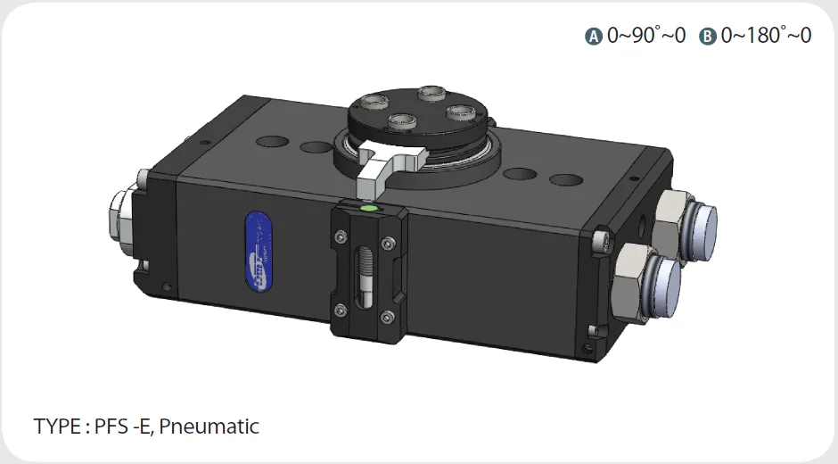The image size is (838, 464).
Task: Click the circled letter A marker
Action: click(x=595, y=37)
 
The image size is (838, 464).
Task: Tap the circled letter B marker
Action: click(x=708, y=37)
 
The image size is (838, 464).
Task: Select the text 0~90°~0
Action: click(x=646, y=36)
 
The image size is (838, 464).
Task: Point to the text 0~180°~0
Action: click(x=766, y=36)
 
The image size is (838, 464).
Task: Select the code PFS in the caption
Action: click(x=110, y=426)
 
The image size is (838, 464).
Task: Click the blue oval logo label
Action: click(x=258, y=253)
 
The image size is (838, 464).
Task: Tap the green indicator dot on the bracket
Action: click(x=368, y=209)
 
